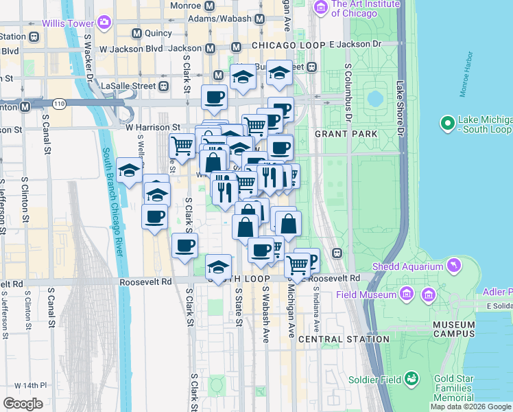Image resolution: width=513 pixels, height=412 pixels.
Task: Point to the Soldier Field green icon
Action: [412, 378]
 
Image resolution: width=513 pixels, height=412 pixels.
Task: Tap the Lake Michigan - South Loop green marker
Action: [448, 124]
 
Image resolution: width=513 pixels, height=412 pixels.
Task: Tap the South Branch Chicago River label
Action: [113, 202]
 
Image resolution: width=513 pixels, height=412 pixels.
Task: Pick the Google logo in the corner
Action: [23, 404]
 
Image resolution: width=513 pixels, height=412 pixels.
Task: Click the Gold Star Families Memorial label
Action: [453, 388]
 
